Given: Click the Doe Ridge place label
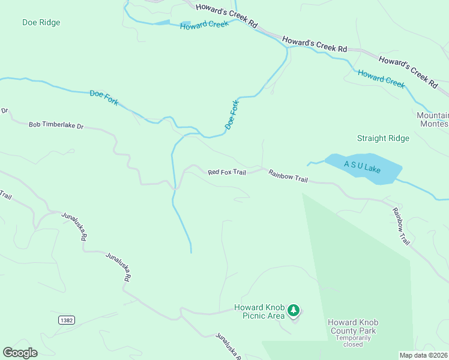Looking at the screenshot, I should point(41,23).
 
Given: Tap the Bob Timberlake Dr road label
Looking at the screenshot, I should point(56,125).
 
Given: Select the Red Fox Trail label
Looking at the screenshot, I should point(227,172).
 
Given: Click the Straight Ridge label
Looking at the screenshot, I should point(383,139).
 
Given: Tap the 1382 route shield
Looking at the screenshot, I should point(67,320).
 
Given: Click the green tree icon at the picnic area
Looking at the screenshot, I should point(293,310).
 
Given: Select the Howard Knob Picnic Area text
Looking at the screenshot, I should point(259,312).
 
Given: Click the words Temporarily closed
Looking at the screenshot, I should point(353,341).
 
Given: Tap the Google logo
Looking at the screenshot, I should point(20,353).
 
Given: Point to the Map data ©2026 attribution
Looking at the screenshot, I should point(423,355).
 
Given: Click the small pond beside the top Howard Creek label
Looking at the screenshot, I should point(163,23).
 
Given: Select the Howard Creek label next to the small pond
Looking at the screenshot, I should point(204,25).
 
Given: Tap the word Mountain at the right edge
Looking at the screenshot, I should point(432,115).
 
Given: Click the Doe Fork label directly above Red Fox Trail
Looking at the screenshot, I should point(232,115).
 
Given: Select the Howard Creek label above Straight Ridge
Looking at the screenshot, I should point(381,79).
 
